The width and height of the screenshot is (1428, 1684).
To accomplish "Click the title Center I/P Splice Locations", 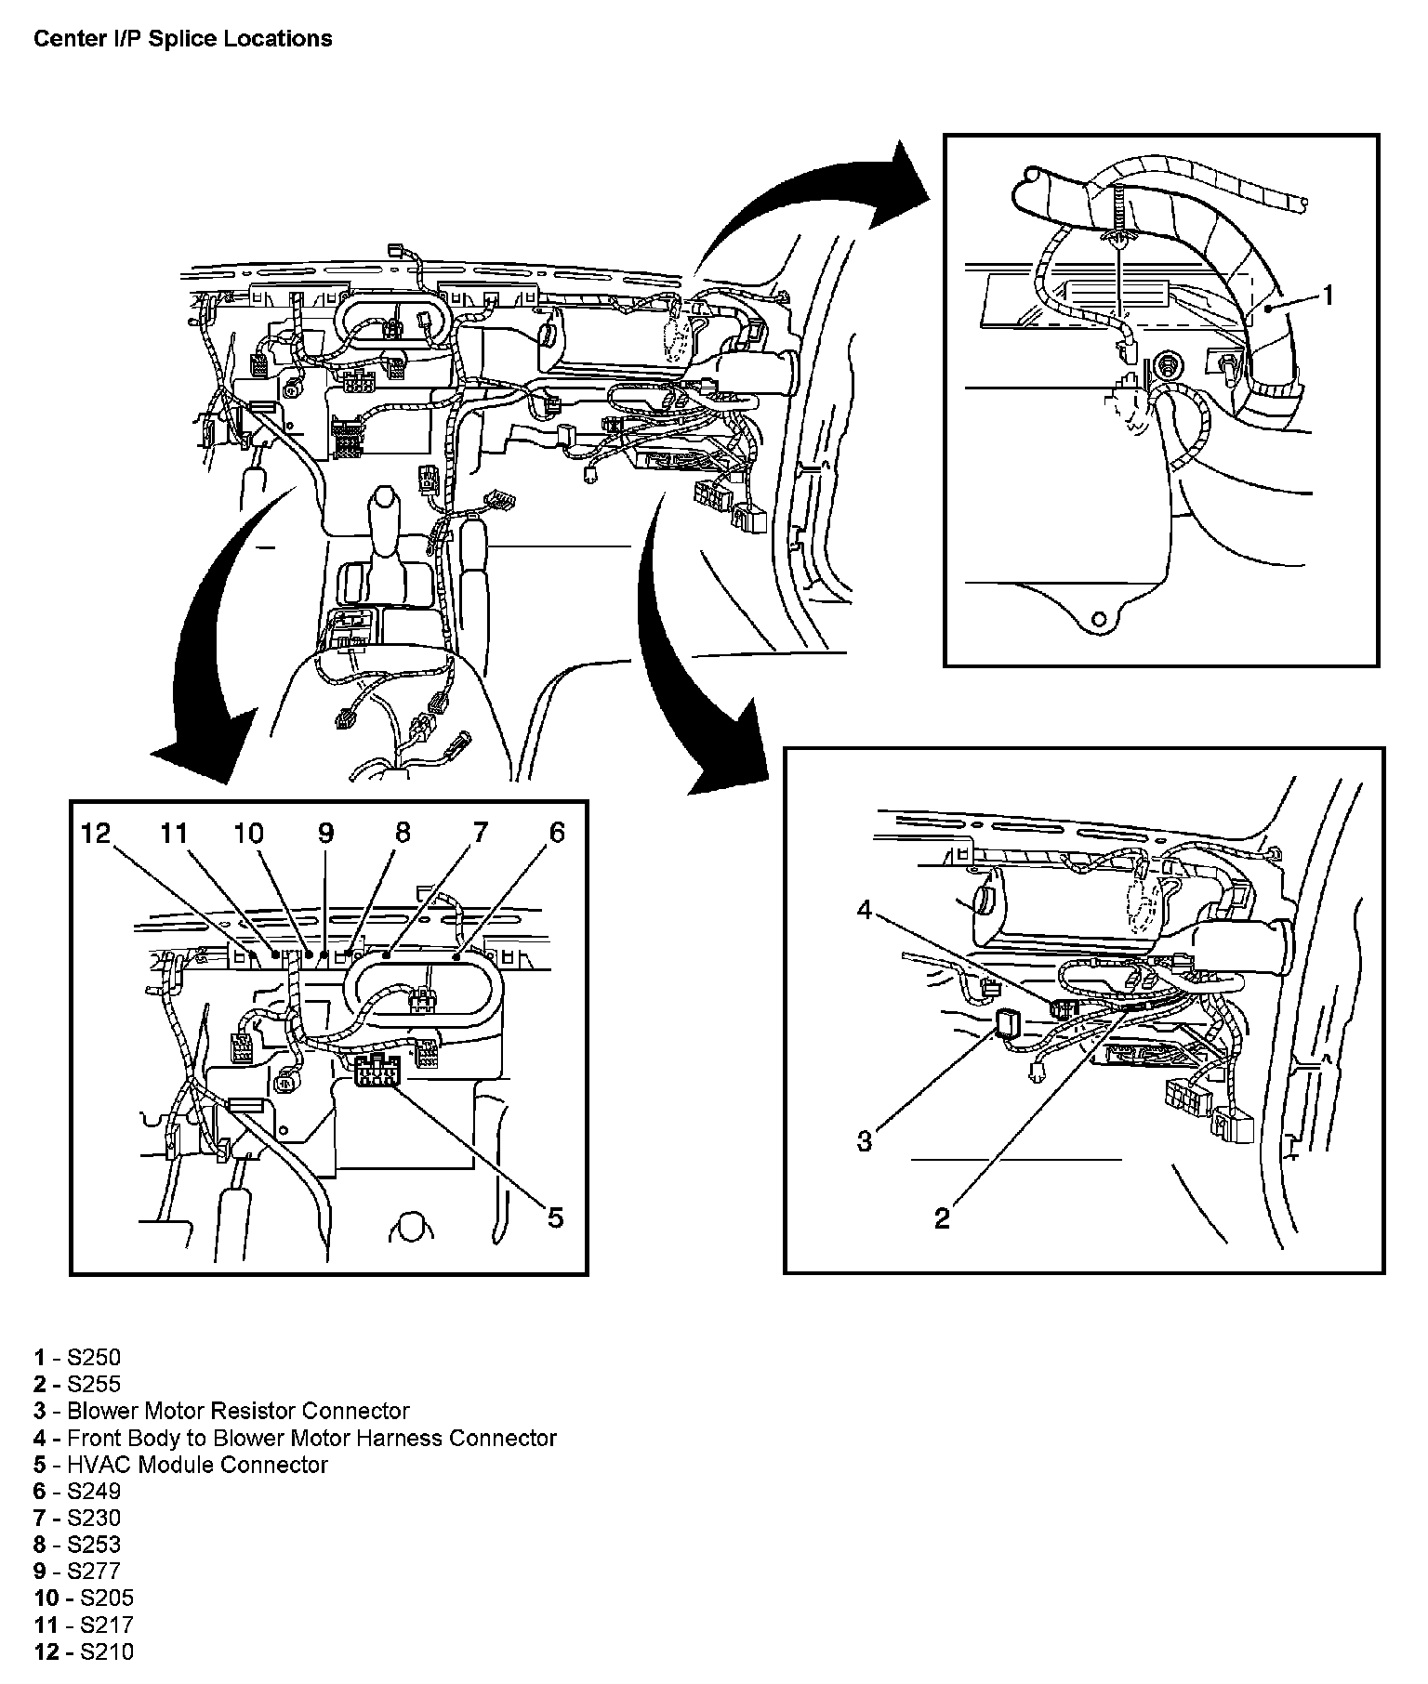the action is pos(182,38).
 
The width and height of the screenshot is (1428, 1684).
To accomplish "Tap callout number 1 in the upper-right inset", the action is pos(1329,295).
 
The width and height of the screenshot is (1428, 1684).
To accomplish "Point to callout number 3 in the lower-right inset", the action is pos(865,1140).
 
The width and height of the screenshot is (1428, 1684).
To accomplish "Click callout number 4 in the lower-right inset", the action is pos(865,911).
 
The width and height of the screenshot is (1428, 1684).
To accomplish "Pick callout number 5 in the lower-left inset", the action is pos(555,1217).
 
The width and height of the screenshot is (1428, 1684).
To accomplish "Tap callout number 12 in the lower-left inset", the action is pos(97,833).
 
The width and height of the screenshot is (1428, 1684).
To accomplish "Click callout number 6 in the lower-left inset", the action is pos(556,833).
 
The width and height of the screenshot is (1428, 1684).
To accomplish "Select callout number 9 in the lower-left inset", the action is pos(325,833).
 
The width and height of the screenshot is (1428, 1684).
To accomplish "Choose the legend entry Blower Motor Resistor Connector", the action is pos(221,1411).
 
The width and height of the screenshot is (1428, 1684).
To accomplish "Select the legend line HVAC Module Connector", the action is pos(180,1465).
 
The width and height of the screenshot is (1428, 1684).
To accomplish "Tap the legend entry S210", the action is pos(84,1651).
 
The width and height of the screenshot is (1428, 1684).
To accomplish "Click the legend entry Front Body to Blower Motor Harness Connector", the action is pos(295,1438).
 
